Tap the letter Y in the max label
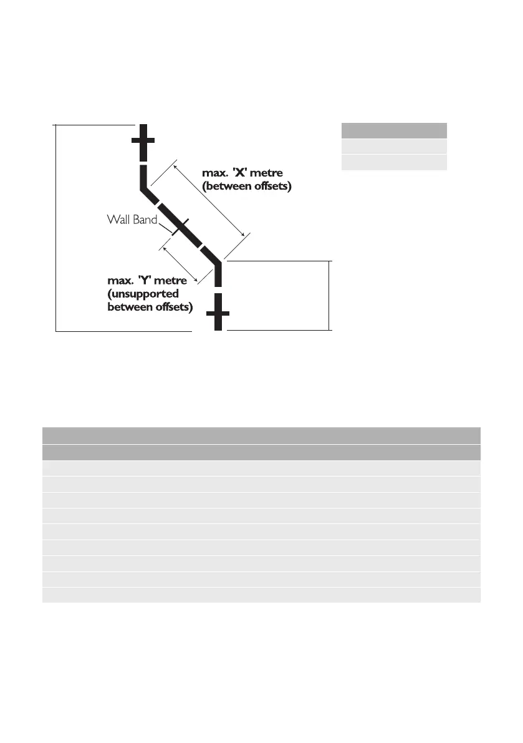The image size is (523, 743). point(143,282)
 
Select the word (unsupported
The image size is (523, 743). point(143,294)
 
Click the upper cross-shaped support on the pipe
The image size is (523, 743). point(143,140)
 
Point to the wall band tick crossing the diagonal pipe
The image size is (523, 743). point(177,225)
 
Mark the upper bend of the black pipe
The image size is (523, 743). point(145,187)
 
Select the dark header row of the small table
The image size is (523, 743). point(394,130)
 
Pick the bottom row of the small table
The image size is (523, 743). point(394,163)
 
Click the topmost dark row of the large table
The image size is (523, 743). point(261,435)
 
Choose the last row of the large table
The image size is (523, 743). point(261,595)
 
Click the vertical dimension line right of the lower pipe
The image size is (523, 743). point(330,294)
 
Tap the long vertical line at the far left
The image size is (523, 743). point(56,228)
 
